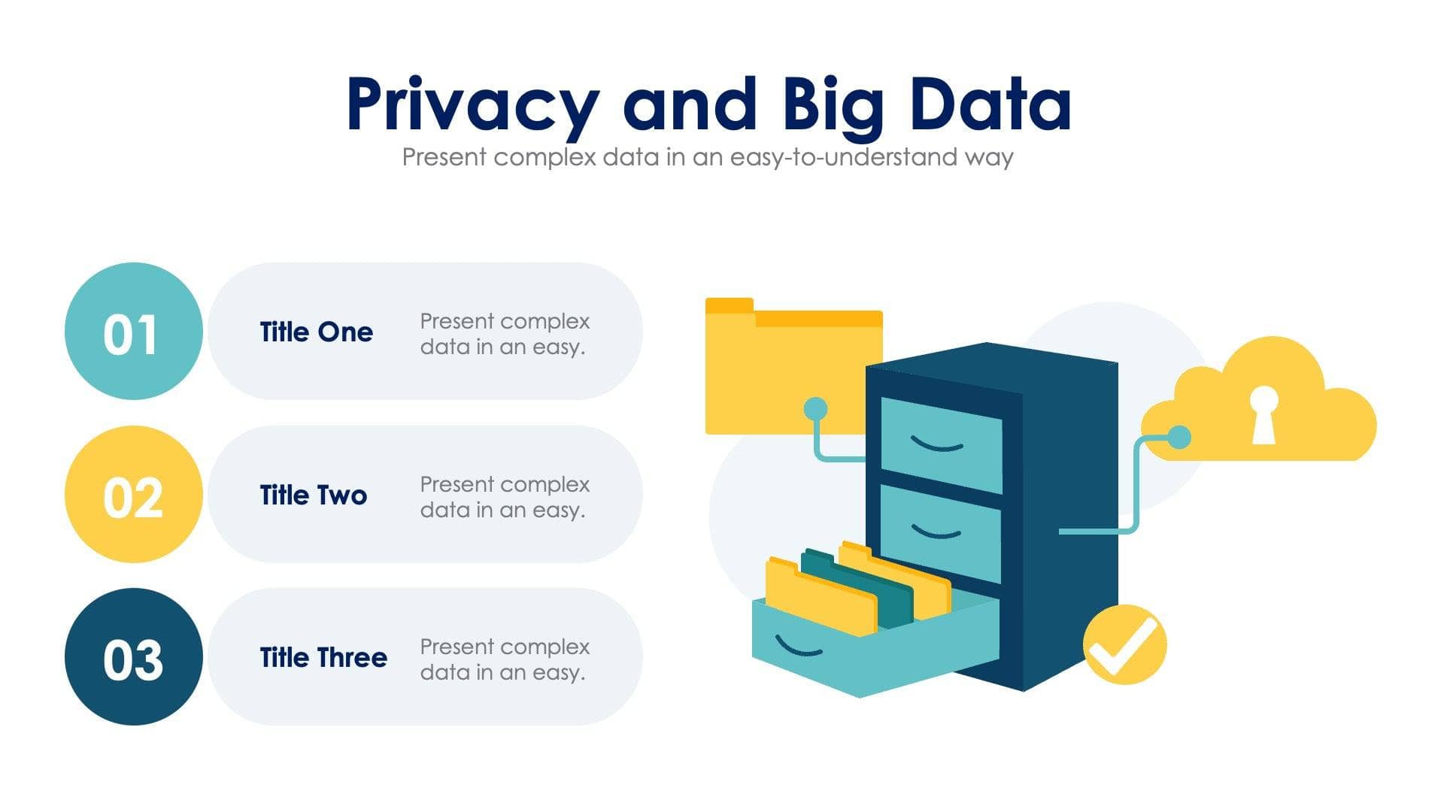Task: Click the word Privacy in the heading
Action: point(472,105)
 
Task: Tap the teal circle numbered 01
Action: point(133,332)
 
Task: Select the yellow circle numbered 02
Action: point(133,495)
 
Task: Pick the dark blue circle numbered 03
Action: point(133,657)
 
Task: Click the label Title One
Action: point(316,332)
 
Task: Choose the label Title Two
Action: point(313,495)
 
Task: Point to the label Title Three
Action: point(323,658)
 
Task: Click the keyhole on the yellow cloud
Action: point(1263,414)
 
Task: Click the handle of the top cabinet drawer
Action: point(937,444)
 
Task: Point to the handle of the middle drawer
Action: point(936,532)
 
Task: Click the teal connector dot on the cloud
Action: point(1179,437)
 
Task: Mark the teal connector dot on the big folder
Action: point(815,409)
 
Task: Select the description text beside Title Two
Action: point(504,497)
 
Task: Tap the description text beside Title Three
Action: point(504,659)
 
